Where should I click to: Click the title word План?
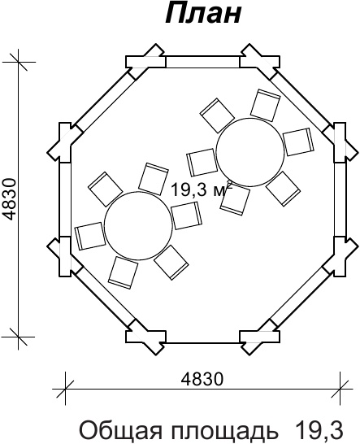(x=203, y=14)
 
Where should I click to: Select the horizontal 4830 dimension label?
(x=202, y=379)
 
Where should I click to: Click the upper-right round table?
(x=250, y=152)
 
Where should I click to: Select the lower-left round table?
(x=138, y=225)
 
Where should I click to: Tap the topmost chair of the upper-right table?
(x=266, y=105)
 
